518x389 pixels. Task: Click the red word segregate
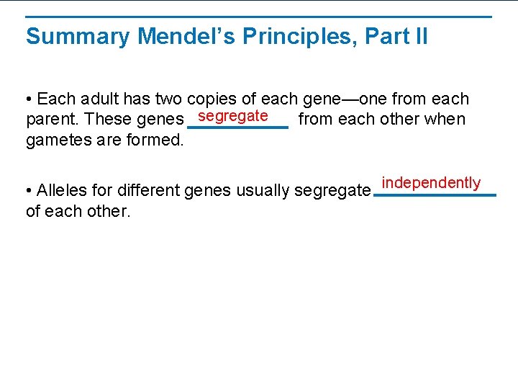pos(233,116)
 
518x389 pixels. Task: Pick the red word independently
pos(431,182)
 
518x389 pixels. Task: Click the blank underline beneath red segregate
pos(237,128)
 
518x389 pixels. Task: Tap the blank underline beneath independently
pos(435,195)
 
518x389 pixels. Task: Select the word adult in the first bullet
pos(97,99)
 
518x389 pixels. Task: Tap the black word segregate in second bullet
pos(333,191)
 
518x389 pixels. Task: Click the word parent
pos(48,119)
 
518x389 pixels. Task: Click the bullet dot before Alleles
pos(28,191)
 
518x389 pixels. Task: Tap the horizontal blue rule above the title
pos(259,17)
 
